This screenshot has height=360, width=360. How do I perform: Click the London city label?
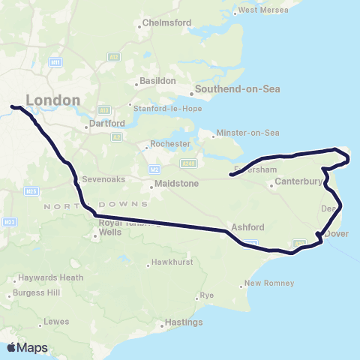[52, 100]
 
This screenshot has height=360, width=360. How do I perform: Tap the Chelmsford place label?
[166, 23]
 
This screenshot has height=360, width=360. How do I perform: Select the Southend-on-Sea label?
[237, 89]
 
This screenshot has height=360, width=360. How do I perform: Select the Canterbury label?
[298, 181]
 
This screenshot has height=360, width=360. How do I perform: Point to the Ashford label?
[247, 227]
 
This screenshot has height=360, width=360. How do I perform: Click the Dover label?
[338, 233]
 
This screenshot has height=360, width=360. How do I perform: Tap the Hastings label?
[183, 322]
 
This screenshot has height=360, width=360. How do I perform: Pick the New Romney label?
[269, 283]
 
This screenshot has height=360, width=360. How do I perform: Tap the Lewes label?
[56, 322]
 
